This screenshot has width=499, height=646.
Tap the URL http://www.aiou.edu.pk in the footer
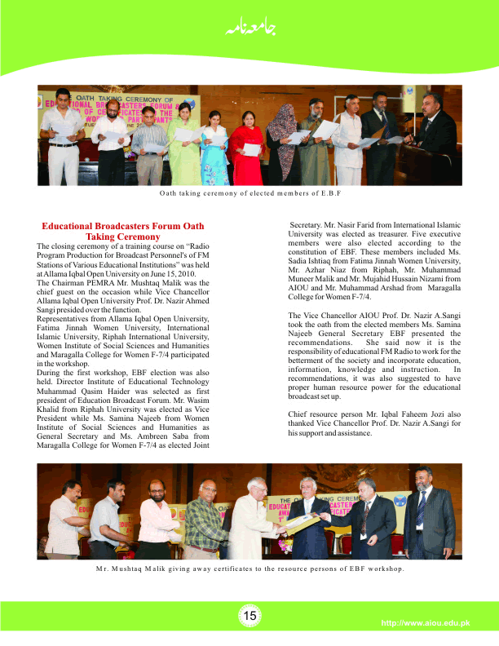[426, 624]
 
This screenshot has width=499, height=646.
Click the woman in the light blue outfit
[214, 147]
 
